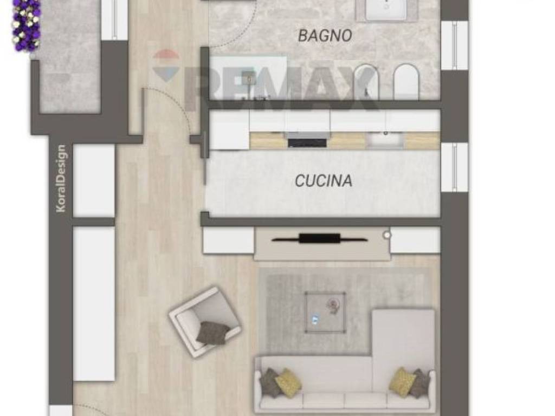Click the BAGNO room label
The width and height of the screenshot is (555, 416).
click(x=325, y=36)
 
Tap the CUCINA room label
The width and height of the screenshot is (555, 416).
click(x=324, y=180)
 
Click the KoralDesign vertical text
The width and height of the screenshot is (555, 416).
click(x=60, y=178)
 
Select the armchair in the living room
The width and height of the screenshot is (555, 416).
click(x=204, y=322)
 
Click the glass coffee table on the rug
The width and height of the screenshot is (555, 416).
click(x=325, y=311)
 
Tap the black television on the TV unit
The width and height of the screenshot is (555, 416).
click(x=320, y=238)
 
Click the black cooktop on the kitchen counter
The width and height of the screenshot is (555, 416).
click(x=307, y=142)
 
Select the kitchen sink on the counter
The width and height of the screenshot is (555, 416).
click(x=385, y=140)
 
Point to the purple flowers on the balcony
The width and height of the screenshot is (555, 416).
click(x=26, y=25)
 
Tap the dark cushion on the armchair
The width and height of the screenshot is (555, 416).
click(x=212, y=333)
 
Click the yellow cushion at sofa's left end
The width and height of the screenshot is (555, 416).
click(x=288, y=382)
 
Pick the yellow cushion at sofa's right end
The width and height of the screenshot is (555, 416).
click(x=402, y=381)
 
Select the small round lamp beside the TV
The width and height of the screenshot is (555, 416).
click(x=386, y=235)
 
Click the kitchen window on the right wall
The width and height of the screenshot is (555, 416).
click(x=454, y=167)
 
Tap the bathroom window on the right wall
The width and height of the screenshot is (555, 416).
click(x=454, y=45)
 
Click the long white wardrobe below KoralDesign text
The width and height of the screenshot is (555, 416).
click(x=94, y=303)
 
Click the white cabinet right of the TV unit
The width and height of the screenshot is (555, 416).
click(x=415, y=240)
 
